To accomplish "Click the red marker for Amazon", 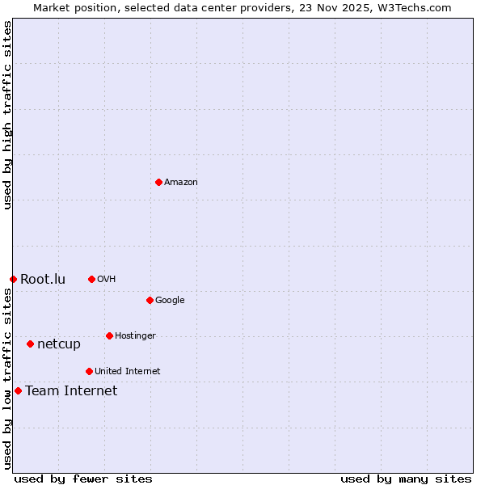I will point(158,182).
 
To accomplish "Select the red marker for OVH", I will point(91,279).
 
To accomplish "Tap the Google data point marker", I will point(150,300).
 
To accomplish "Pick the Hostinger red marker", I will point(109,335).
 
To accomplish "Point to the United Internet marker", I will point(89,371).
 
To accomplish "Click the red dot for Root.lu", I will point(13,279).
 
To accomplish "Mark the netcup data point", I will point(30,344).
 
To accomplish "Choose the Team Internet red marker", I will point(18,390).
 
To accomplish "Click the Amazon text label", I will point(181,182).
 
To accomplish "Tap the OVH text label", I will point(107,279).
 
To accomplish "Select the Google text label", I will point(170,300).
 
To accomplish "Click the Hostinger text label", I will point(135,335).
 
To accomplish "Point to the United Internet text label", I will point(128,371).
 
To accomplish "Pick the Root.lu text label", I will point(43,279).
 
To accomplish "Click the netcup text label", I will point(59,344).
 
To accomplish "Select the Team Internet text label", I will point(71,390).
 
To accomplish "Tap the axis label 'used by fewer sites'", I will point(83,479).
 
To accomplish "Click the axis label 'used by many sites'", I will point(406,479).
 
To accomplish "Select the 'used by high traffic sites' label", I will point(7,116).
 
